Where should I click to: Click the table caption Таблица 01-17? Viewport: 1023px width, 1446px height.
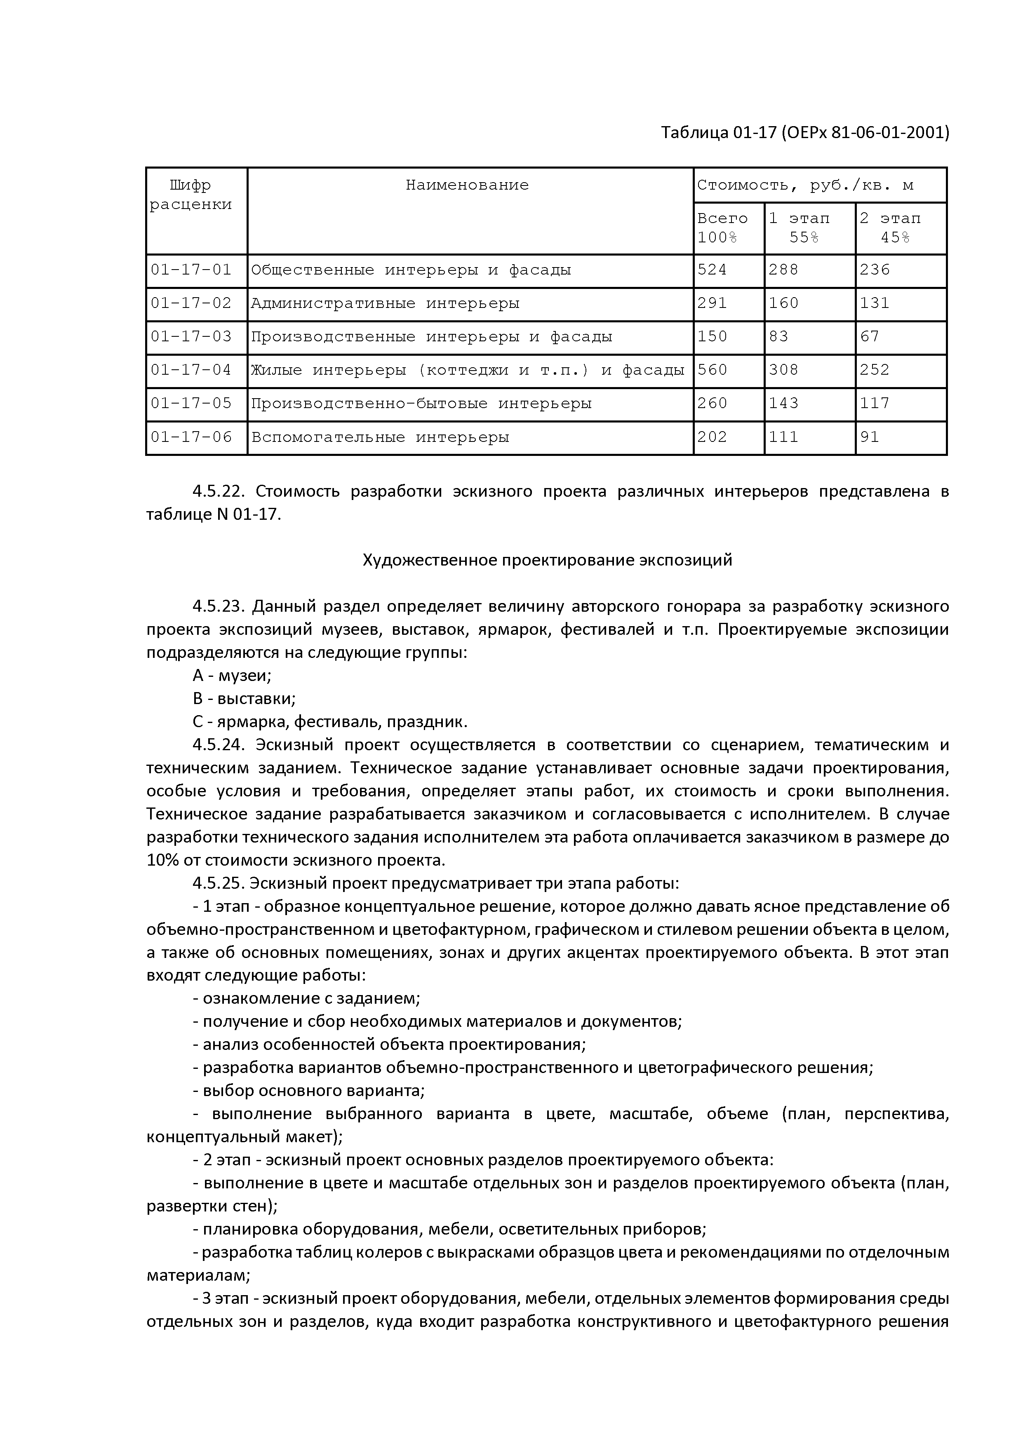[804, 133]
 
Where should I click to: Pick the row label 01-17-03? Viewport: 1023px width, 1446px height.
[191, 336]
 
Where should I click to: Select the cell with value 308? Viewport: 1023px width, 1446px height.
[783, 370]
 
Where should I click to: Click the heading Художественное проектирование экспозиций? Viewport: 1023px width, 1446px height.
[547, 560]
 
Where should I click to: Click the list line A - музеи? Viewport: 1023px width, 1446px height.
[232, 676]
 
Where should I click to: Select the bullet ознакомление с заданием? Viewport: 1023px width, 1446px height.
[306, 998]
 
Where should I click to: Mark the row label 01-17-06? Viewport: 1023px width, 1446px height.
[191, 437]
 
